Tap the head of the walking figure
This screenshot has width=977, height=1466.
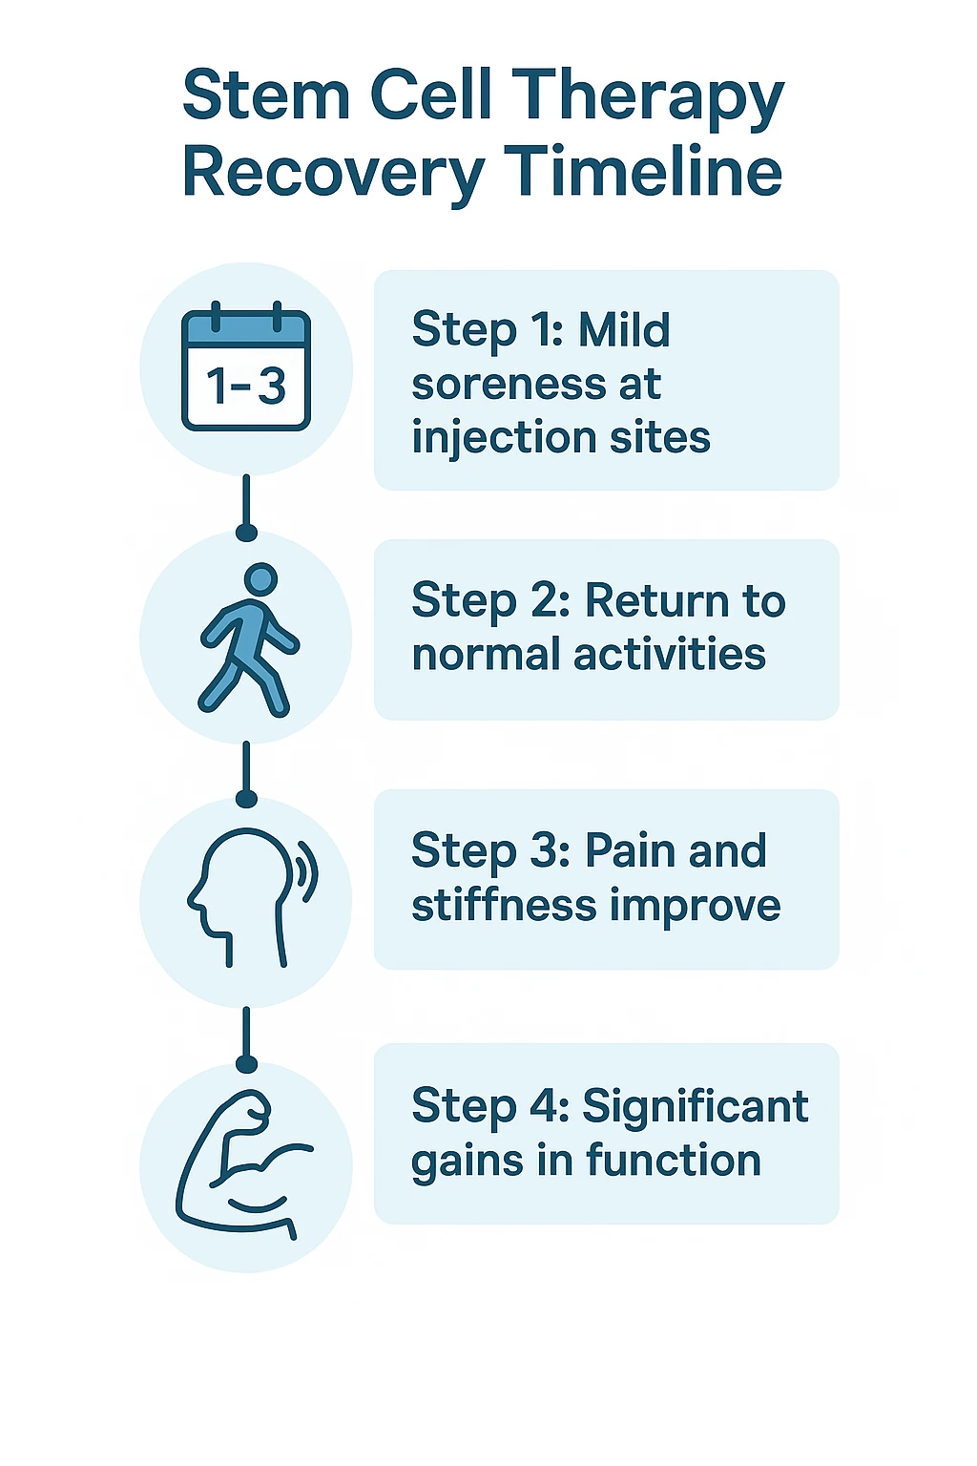(260, 579)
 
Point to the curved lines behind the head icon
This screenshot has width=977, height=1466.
(308, 870)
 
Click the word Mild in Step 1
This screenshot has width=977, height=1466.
(624, 330)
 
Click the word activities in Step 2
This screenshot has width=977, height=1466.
(669, 656)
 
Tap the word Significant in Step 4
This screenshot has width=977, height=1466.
(695, 1107)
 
